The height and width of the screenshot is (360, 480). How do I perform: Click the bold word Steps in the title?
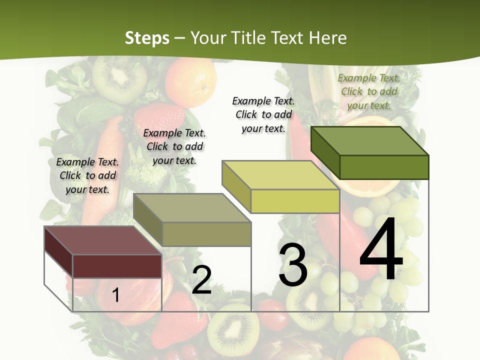[147, 38]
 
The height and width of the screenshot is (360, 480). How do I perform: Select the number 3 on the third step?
[292, 265]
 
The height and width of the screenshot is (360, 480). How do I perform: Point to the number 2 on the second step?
[201, 280]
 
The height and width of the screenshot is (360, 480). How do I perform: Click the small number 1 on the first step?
[115, 295]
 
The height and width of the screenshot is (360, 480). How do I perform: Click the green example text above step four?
[369, 91]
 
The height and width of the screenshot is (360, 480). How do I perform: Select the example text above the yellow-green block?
[263, 114]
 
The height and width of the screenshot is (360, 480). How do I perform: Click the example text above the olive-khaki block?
[174, 146]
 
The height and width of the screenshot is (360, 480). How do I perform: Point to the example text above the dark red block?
[87, 175]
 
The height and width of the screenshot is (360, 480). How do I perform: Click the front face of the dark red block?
[117, 266]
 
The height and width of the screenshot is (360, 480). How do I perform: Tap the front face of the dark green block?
[384, 166]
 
